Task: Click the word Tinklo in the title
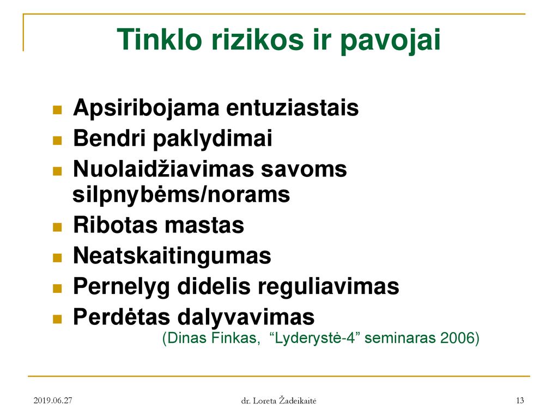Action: [159, 39]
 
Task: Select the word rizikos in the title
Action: [257, 39]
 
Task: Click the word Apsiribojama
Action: [146, 108]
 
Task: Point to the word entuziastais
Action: [293, 108]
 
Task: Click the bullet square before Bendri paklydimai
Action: [57, 140]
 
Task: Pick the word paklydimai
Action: [213, 139]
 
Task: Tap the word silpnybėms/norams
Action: [181, 195]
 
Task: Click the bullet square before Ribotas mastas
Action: [57, 227]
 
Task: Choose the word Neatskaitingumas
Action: [172, 256]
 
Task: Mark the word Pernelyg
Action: [122, 287]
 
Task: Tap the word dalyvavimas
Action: [246, 317]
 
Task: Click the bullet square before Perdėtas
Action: [57, 319]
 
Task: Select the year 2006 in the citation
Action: [457, 337]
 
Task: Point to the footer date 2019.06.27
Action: [53, 401]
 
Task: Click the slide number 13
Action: [520, 401]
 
